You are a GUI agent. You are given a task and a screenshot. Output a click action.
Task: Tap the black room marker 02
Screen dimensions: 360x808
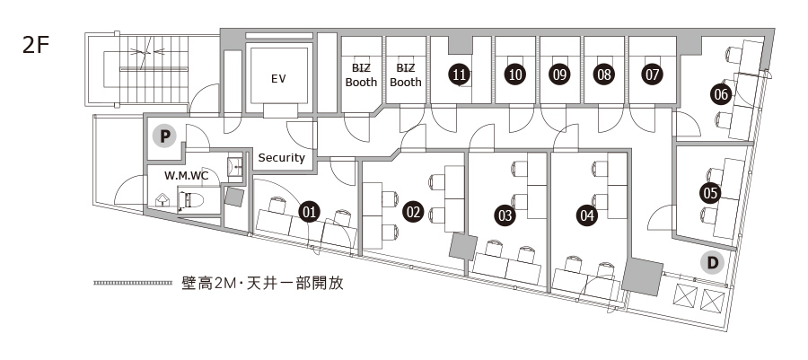[x=413, y=213]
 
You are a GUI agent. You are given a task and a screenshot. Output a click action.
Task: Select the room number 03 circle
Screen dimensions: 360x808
[x=505, y=215]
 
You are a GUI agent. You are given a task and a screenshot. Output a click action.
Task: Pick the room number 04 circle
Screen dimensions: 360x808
[x=587, y=215]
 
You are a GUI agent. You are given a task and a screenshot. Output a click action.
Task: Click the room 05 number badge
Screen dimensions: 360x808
[x=710, y=192]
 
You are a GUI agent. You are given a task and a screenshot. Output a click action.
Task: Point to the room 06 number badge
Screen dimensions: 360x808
[x=720, y=92]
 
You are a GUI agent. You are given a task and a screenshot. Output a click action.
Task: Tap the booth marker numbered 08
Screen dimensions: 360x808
[x=604, y=75]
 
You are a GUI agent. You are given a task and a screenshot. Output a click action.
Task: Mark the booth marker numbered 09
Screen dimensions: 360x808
[x=560, y=75]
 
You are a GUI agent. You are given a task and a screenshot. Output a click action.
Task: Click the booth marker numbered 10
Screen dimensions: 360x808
[x=514, y=75]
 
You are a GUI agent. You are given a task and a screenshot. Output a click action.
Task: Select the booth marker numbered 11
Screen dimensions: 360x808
[x=459, y=75]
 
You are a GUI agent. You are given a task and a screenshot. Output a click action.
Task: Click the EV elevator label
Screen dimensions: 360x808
[x=278, y=79]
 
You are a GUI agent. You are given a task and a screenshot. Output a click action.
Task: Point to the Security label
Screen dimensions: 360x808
[x=282, y=158]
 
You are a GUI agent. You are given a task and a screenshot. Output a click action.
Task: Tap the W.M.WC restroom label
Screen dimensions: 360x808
[x=186, y=175]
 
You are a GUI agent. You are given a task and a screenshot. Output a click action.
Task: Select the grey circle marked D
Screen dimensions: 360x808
[x=712, y=262]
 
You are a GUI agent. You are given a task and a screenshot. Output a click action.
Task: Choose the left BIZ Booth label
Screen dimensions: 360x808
[x=362, y=75]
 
